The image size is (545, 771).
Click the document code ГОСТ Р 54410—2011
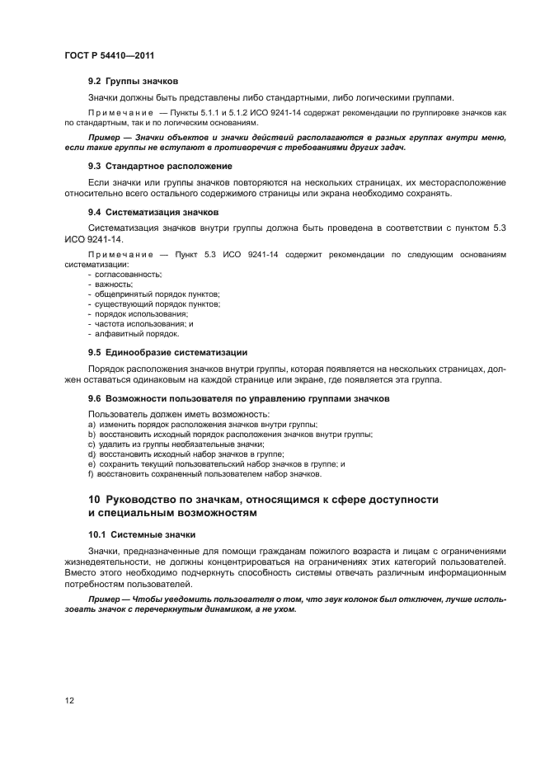pyautogui.click(x=110, y=55)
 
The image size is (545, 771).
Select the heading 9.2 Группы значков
pyautogui.click(x=133, y=81)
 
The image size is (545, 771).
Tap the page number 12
pyautogui.click(x=70, y=700)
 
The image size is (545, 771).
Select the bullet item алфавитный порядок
pyautogui.click(x=134, y=334)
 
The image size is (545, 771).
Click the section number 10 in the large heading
pyautogui.click(x=94, y=500)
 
